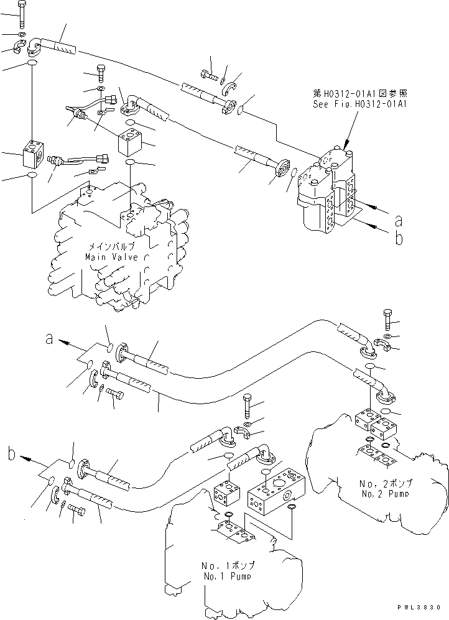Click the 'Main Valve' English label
(x=113, y=257)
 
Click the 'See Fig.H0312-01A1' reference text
(x=360, y=104)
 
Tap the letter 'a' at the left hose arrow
(x=49, y=339)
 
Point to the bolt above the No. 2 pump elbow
(x=387, y=319)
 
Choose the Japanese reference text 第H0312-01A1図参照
(x=360, y=94)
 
